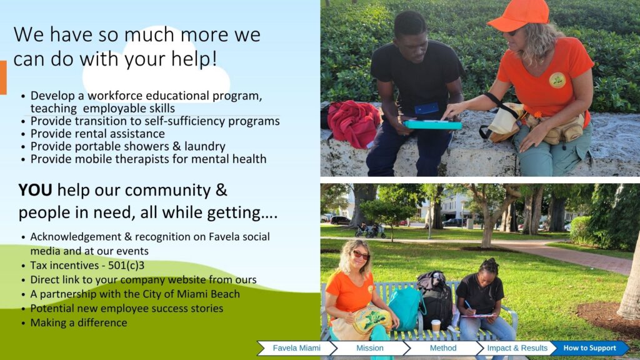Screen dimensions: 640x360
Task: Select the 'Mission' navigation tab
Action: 370,348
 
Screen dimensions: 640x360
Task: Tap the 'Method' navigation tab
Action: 443,348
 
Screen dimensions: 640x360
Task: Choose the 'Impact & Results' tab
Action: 517,348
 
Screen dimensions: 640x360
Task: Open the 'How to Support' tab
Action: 589,348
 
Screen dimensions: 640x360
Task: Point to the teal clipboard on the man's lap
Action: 432,124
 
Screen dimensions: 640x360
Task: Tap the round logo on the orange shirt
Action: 557,80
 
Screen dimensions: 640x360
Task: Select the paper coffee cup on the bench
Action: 436,326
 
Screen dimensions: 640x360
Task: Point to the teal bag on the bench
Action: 405,307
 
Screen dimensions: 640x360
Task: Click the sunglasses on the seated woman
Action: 361,255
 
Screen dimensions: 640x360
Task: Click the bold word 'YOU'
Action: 35,190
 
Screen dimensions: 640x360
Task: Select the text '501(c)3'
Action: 126,265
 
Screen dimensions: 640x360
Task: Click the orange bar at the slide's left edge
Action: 3,77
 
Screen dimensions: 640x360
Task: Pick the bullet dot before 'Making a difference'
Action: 23,323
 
